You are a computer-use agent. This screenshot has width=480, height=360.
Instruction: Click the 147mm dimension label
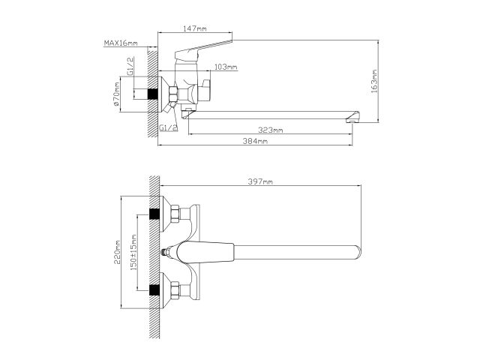[194, 28]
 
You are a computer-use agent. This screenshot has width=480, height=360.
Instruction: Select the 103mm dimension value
[226, 68]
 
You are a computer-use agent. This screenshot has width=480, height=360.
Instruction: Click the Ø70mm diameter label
[118, 96]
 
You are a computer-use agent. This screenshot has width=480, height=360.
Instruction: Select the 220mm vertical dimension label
[118, 251]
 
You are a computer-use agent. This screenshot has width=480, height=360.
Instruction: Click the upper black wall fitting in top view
[156, 215]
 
